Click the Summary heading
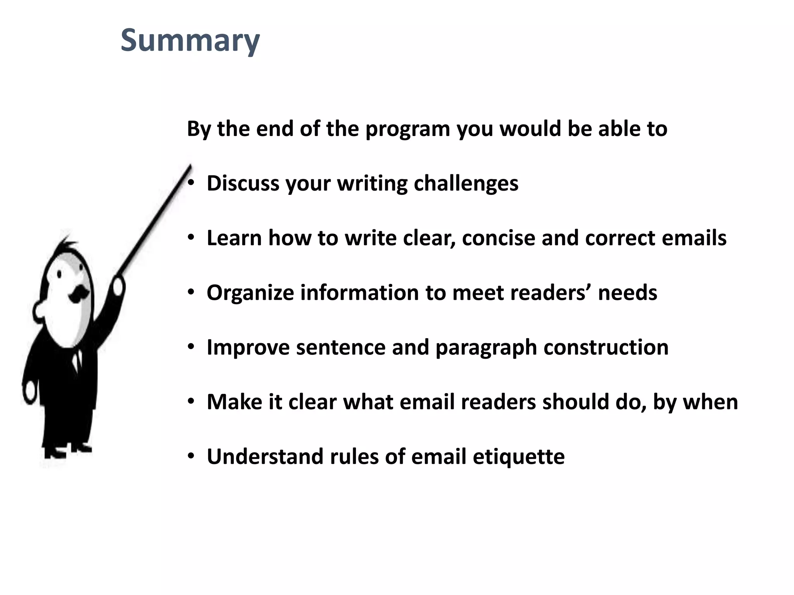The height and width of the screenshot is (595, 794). (x=190, y=41)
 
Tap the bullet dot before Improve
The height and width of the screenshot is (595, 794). (x=191, y=347)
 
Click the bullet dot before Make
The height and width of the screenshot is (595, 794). (x=191, y=402)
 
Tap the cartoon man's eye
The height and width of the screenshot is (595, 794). (x=59, y=274)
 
